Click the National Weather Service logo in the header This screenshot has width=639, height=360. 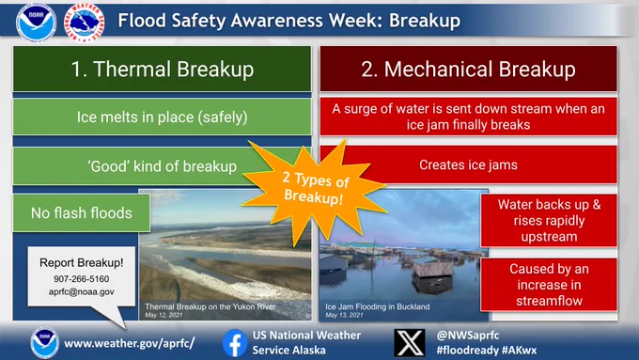point(84,22)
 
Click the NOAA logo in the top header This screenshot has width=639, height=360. point(36,23)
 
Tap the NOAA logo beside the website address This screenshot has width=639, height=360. point(44,343)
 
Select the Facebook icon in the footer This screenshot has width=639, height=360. point(235,343)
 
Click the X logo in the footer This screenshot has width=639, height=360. point(409,343)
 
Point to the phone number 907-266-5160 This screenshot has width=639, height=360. point(82,279)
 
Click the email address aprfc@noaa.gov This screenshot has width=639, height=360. point(82,292)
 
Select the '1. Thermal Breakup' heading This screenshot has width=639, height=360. point(163,69)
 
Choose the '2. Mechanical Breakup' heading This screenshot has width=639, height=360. point(468,69)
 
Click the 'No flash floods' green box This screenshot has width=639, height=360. point(82,212)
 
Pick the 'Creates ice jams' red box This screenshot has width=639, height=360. point(468,164)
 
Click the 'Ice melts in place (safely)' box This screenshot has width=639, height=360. point(163,117)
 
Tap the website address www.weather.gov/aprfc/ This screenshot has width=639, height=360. point(130,343)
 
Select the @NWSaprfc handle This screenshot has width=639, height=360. point(468,336)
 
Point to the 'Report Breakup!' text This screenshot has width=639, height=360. point(82,263)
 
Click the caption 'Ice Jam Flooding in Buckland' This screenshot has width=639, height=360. point(378,306)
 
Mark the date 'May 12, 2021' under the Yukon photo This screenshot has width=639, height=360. point(164,315)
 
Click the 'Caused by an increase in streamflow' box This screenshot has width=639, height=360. point(549,285)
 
